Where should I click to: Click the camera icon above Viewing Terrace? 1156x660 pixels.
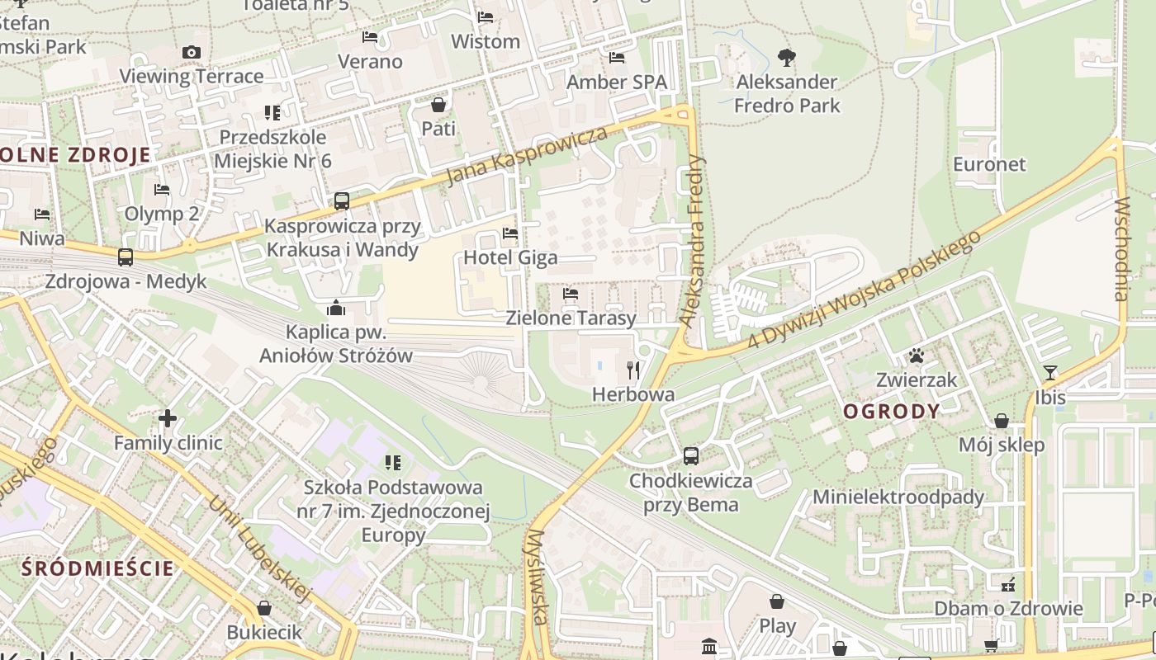(x=192, y=53)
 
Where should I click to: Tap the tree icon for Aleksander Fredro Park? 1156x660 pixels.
(x=787, y=58)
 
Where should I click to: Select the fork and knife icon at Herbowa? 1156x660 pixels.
(x=633, y=370)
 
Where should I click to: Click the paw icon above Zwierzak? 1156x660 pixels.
(x=917, y=356)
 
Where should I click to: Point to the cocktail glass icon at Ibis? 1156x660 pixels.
(x=1049, y=373)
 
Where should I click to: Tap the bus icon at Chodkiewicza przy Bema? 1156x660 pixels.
(x=690, y=455)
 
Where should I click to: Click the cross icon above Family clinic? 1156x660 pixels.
(x=168, y=418)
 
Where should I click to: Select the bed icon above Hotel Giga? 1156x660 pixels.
(x=510, y=233)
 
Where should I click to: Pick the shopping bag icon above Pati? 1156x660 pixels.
(x=438, y=105)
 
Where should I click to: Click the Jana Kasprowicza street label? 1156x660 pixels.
(x=527, y=156)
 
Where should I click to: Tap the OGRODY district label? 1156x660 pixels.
(x=892, y=412)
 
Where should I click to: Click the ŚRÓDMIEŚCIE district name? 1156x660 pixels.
(x=98, y=568)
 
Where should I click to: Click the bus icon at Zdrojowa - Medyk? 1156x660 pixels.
(x=126, y=257)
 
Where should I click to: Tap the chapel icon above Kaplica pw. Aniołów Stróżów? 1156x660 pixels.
(x=336, y=309)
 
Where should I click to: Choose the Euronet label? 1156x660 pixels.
(x=989, y=163)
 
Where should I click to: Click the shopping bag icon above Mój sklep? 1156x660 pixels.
(x=1002, y=422)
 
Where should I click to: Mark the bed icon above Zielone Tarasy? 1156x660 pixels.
(x=570, y=294)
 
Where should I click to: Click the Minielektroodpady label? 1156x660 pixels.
(x=898, y=497)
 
